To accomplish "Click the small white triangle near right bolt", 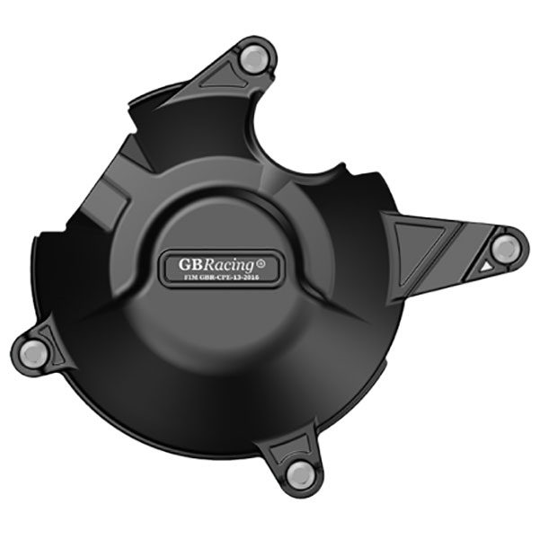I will point(485,266).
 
